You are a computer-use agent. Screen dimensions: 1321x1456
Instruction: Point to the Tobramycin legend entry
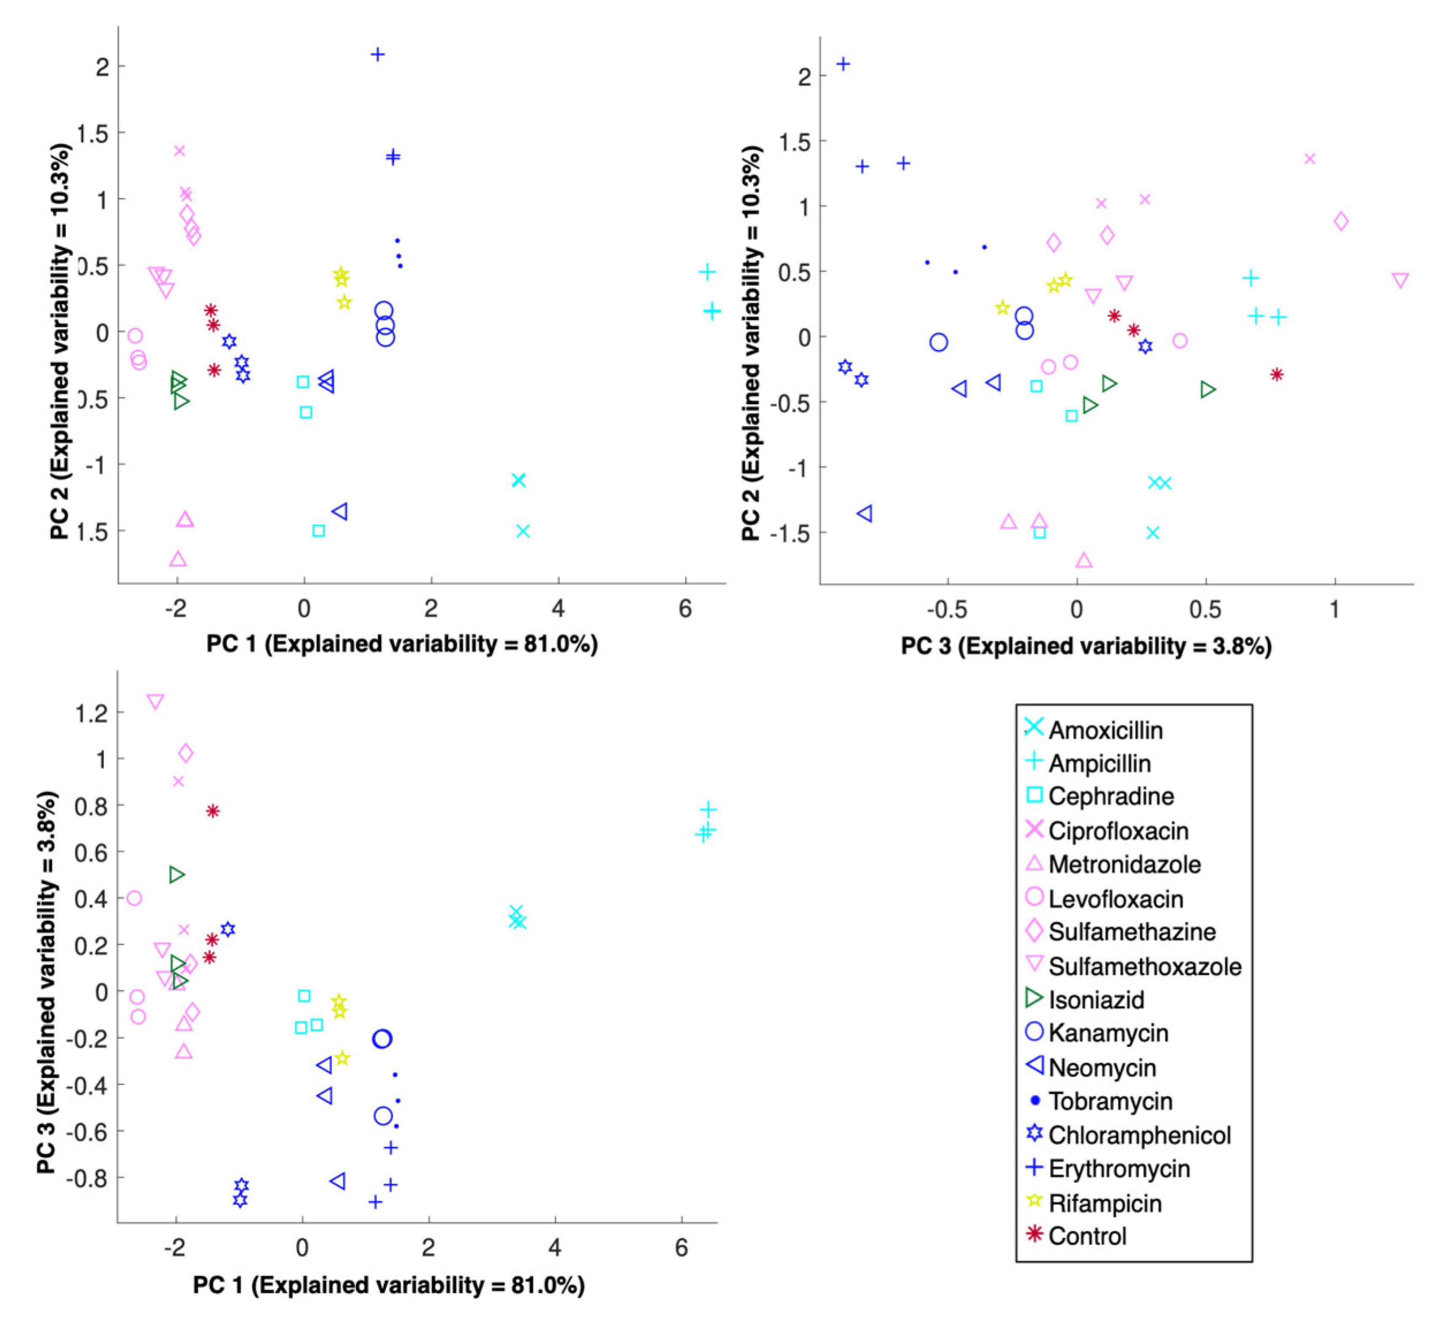[x=1109, y=1101]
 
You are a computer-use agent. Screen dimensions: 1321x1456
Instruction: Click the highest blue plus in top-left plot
[x=377, y=54]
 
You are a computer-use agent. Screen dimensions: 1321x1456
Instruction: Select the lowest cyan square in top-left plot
[x=318, y=531]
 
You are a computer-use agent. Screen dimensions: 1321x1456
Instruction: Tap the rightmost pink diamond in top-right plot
[x=1340, y=221]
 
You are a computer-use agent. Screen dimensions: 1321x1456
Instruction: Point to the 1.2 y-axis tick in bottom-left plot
[x=92, y=713]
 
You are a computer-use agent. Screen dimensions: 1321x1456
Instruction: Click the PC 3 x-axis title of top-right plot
[x=1086, y=646]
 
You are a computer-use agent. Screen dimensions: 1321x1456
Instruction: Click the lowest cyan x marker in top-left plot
[x=523, y=531]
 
